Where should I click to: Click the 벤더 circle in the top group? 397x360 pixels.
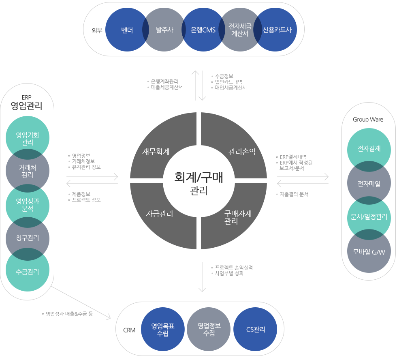[126, 30]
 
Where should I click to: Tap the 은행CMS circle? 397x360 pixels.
[203, 30]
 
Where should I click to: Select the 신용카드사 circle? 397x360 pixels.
[277, 30]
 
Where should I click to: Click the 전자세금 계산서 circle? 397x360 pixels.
[240, 30]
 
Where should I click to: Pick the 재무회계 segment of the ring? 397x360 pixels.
[156, 152]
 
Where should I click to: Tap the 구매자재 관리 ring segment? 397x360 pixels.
[238, 217]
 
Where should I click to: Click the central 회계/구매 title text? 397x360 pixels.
[198, 177]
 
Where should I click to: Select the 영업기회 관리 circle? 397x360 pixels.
[28, 138]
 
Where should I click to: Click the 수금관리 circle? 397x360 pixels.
[28, 272]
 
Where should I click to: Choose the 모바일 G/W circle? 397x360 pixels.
[369, 252]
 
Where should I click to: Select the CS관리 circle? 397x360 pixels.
[256, 329]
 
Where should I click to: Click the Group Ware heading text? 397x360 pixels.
[368, 120]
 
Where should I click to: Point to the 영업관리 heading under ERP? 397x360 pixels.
[27, 106]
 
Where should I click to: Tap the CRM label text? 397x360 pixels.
[129, 330]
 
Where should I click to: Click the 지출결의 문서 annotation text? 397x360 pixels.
[294, 195]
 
